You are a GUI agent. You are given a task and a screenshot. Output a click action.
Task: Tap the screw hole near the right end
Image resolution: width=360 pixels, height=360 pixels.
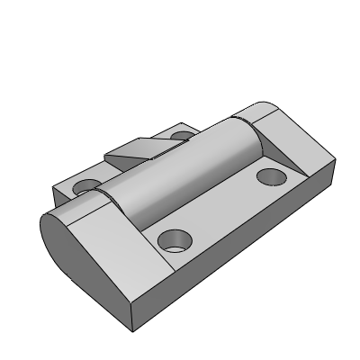pos(270,175)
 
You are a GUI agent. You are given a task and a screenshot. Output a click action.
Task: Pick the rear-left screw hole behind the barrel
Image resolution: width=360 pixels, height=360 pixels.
pos(88,186)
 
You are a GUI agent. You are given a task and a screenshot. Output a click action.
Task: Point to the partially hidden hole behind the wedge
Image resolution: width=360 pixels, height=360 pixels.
pos(184,137)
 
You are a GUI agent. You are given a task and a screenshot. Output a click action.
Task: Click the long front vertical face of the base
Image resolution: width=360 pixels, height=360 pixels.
pos(234,261)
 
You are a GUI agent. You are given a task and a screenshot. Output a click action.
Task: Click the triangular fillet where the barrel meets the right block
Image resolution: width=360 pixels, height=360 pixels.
pos(259,144)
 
